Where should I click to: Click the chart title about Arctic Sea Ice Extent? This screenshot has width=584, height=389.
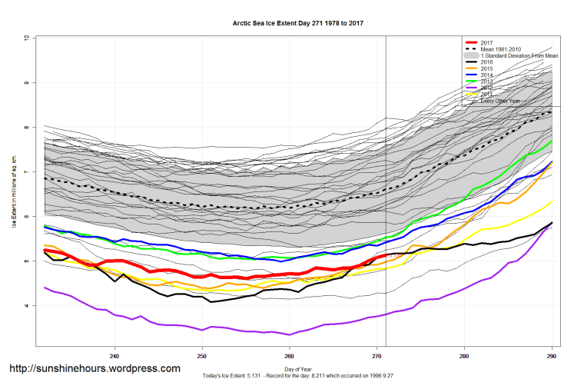click(298, 24)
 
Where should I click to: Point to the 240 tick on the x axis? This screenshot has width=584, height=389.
click(114, 356)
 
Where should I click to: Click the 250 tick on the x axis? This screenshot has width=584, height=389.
click(202, 356)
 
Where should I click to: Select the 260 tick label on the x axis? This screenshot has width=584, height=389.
click(289, 356)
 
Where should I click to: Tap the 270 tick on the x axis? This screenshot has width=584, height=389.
click(377, 356)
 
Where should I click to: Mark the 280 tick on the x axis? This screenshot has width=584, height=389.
click(464, 356)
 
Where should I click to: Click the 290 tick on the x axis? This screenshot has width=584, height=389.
click(551, 356)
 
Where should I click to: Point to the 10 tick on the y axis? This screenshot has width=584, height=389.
click(26, 38)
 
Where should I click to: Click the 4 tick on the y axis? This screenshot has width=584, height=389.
click(26, 306)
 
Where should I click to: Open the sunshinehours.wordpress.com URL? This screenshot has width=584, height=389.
click(95, 368)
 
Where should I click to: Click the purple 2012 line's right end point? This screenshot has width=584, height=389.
click(551, 223)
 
